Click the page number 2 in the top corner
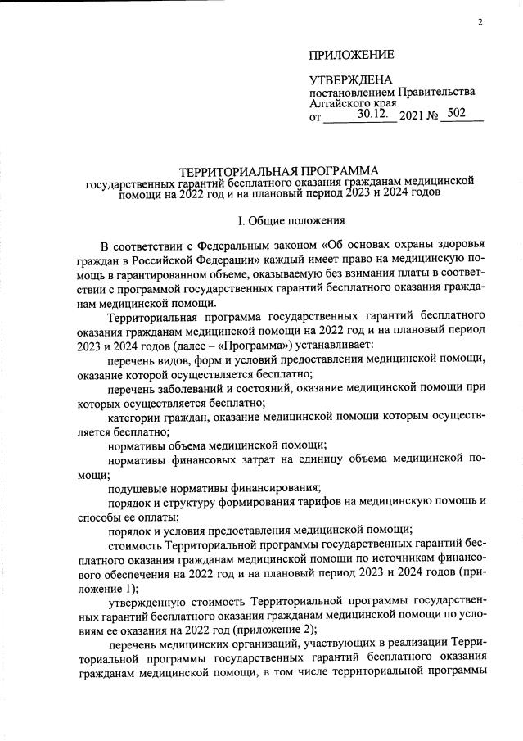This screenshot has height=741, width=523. tap(480, 22)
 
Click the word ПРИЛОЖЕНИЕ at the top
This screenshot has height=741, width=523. tap(351, 55)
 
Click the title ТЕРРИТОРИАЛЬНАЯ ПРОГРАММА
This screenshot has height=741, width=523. tap(274, 169)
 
